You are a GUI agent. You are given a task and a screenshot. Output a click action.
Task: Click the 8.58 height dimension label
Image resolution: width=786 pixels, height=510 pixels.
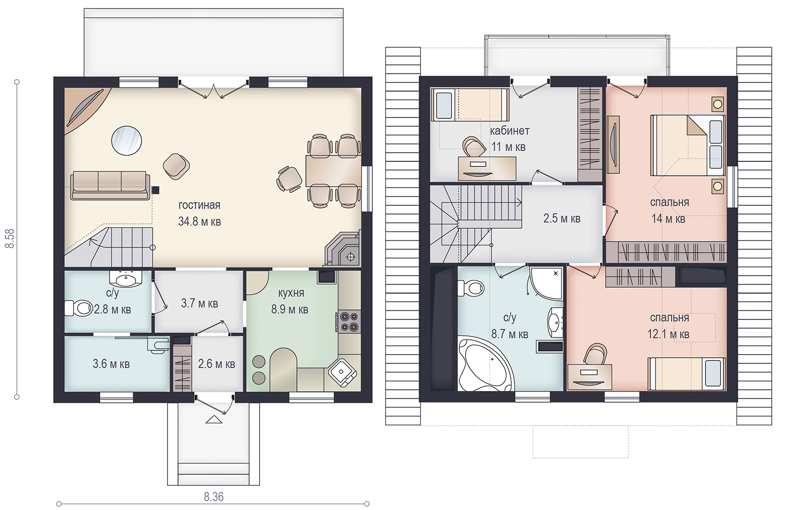click(10, 239)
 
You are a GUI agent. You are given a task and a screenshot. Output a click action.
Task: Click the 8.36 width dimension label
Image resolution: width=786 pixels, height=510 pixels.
click(214, 497)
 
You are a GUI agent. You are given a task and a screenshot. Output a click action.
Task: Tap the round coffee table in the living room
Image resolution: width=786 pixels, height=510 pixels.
click(127, 141)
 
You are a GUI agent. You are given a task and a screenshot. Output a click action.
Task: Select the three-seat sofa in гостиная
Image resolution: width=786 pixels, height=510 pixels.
click(110, 185)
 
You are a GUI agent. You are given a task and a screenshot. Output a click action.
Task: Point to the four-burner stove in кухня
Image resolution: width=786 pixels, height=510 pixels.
click(349, 321)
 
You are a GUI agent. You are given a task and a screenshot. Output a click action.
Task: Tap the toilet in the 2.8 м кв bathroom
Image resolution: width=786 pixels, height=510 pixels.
click(79, 308)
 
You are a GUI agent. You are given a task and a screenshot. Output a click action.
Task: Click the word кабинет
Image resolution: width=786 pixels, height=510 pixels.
click(509, 131)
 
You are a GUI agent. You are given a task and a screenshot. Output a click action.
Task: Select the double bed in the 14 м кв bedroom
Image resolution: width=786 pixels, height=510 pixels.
click(687, 145)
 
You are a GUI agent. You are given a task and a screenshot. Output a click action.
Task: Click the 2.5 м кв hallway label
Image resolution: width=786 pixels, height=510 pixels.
click(562, 218)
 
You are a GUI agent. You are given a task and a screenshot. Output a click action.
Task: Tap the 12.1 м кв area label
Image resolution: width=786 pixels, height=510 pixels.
click(668, 333)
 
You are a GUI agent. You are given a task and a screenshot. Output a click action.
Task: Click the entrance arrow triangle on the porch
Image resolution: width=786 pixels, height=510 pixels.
click(214, 419)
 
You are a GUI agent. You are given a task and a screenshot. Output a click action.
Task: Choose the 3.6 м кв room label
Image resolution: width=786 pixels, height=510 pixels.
click(111, 364)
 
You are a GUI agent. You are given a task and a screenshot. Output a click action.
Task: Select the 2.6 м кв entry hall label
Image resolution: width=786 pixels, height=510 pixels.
click(217, 364)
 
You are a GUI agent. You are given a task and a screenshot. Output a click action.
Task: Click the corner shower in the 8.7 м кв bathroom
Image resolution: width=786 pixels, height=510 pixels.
click(547, 284)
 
